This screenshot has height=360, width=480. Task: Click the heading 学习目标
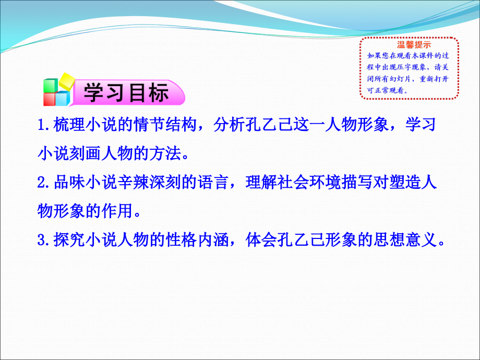point(126,92)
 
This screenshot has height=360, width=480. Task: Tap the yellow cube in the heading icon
point(67,81)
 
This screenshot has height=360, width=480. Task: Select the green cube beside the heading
point(50,86)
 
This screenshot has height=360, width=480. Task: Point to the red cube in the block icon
point(49,99)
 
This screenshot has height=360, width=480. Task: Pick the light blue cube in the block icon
point(63,98)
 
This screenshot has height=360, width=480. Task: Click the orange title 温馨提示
point(414,45)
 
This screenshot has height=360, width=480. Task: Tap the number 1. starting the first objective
point(44,125)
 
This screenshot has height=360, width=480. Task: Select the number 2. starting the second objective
point(44,183)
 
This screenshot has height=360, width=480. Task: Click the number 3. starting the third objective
point(44,241)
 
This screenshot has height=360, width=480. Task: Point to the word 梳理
point(69,125)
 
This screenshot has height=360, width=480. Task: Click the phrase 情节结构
point(165,125)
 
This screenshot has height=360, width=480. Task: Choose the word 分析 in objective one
point(229,125)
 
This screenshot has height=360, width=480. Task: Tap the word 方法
point(165,153)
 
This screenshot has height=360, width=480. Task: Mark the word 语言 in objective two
point(213,183)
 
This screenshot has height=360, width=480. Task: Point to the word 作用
point(117,211)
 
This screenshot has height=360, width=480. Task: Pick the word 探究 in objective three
point(69,240)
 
